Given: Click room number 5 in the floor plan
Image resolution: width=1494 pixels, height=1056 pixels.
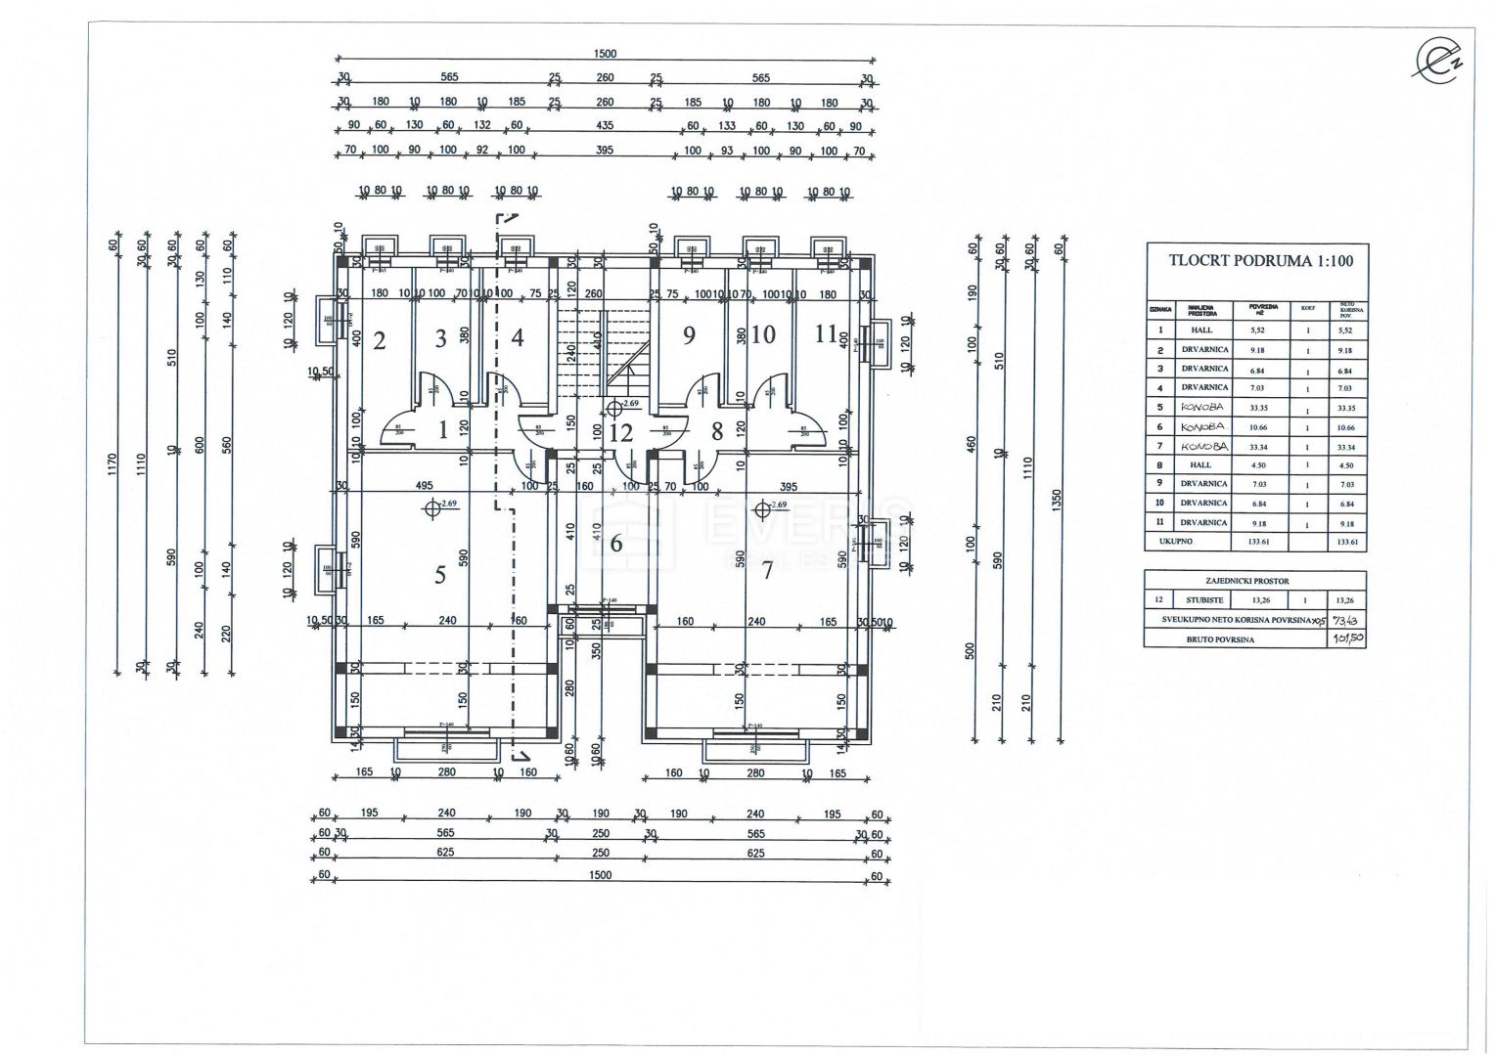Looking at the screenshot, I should coord(440,575).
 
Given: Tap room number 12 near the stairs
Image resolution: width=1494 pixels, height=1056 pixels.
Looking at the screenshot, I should coord(620,431).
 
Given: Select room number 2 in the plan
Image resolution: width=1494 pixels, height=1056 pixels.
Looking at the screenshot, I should coord(380,340).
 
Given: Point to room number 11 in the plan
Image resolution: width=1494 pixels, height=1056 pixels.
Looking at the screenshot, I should coord(827,334).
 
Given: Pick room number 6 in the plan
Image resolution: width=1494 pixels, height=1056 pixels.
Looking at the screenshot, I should coord(615,544).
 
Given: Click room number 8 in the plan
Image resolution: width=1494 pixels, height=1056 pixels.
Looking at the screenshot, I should coord(717,431).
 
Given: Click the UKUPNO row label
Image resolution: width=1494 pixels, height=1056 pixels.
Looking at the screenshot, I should coord(1175,541).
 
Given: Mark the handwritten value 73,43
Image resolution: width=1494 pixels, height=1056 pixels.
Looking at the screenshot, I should coord(1346,620).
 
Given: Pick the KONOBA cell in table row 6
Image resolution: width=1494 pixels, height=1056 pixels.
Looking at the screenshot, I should coord(1201,426).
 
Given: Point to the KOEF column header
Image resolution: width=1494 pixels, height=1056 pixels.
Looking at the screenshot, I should coord(1307,308).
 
